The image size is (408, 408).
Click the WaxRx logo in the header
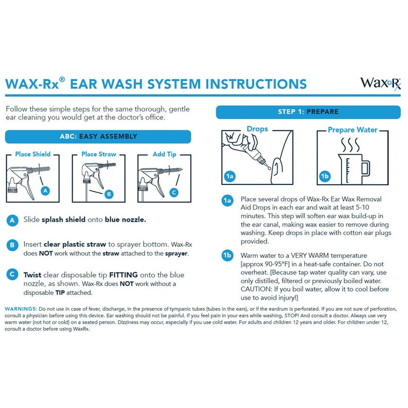[x=380, y=84]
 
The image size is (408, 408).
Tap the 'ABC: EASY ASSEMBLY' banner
[x=98, y=137]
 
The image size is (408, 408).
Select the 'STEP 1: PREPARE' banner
[x=308, y=112]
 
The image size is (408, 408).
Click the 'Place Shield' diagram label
[x=33, y=154]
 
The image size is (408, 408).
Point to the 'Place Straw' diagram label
[x=99, y=154]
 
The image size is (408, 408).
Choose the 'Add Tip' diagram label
[x=165, y=154]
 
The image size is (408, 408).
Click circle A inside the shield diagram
[x=45, y=191]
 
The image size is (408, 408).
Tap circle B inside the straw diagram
[x=109, y=194]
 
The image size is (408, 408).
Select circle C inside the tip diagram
[x=174, y=193]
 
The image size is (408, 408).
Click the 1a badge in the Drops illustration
[x=229, y=176]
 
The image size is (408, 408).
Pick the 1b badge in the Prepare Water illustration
[x=325, y=176]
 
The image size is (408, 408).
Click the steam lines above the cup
[x=351, y=145]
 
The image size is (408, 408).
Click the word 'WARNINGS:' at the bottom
[x=21, y=309]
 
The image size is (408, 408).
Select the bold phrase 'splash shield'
[x=64, y=219]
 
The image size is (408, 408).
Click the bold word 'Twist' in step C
[x=32, y=275]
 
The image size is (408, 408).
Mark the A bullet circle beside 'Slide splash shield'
[x=12, y=220]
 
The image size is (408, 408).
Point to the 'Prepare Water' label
[x=353, y=130]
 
